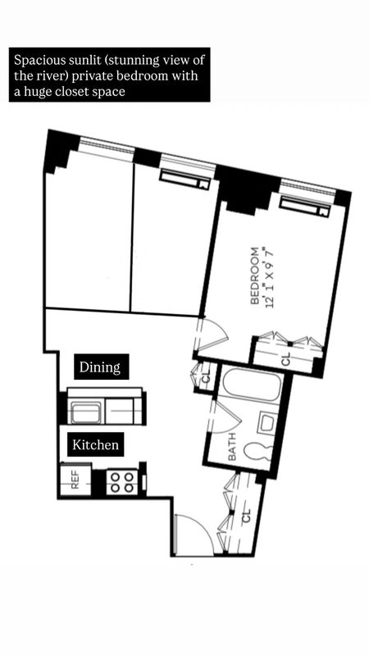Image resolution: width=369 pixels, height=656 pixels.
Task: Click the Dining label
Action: pos(100,367)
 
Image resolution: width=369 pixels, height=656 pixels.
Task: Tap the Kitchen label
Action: pos(95,444)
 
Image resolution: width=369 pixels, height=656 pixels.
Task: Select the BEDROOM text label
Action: pos(254,276)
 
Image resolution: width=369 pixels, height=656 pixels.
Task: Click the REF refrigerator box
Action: pos(75,479)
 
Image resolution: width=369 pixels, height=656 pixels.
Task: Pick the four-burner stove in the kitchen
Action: pos(121,482)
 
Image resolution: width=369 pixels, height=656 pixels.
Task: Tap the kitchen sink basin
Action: pos(85,412)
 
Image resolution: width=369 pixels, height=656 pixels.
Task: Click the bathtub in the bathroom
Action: pos(251,384)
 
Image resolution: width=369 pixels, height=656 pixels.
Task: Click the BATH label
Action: pos(232,447)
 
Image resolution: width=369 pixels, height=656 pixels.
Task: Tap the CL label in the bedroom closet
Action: pos(285,359)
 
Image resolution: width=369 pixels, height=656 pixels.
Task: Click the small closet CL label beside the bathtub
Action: pos(206,377)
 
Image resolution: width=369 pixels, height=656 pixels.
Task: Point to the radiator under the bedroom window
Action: pos(303,207)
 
